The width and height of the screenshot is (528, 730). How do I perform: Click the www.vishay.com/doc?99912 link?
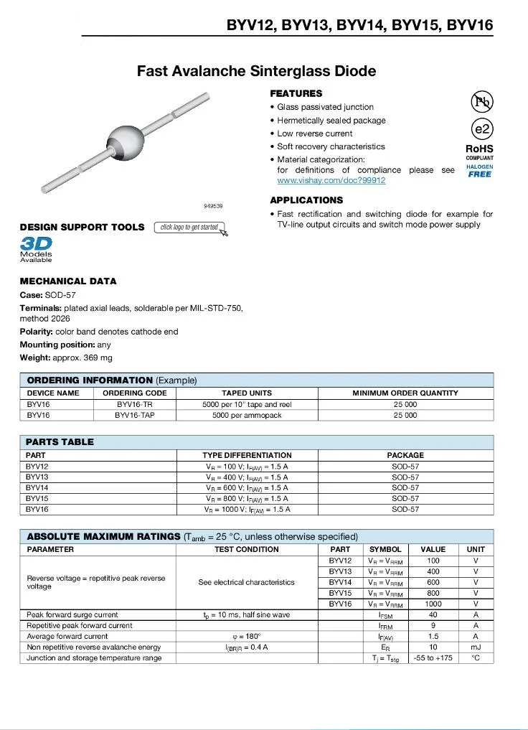click(331, 181)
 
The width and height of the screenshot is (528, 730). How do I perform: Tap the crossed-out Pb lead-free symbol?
click(482, 102)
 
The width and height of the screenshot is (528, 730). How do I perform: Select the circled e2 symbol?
click(482, 129)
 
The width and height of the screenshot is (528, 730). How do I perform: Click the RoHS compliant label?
click(480, 151)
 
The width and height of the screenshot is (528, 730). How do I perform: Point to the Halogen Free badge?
click(480, 171)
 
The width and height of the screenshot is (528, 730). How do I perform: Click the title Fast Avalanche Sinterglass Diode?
click(256, 71)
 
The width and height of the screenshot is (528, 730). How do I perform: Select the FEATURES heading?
click(296, 93)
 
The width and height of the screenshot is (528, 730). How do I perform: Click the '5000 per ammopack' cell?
click(247, 415)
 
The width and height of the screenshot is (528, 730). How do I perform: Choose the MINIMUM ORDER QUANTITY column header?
click(405, 393)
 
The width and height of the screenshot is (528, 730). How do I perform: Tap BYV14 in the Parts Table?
click(37, 487)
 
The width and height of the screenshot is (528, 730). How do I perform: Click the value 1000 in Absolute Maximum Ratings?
click(433, 604)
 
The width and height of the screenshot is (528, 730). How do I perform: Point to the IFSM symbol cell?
click(385, 615)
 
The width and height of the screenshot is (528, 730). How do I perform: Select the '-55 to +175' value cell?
click(433, 658)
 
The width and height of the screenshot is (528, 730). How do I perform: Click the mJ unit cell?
click(476, 647)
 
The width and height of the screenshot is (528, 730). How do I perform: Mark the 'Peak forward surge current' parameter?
click(72, 615)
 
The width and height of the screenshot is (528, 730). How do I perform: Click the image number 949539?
click(213, 206)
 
